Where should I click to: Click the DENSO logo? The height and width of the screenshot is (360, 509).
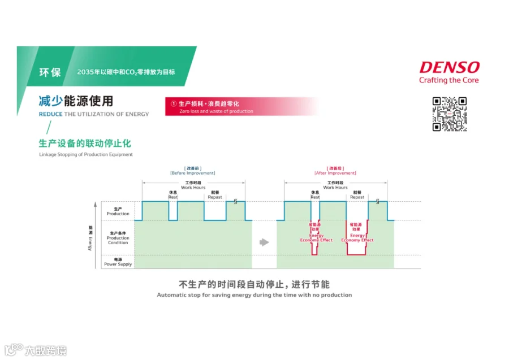click(449, 68)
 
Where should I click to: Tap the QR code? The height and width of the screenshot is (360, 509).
click(450, 114)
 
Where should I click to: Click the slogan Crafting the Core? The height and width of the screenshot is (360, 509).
click(448, 80)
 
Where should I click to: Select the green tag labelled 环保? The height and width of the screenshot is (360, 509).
click(50, 72)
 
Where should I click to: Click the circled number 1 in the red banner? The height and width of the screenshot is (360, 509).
click(174, 103)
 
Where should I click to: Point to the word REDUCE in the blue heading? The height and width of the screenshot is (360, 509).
click(50, 114)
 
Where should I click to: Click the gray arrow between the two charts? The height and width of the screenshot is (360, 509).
click(264, 242)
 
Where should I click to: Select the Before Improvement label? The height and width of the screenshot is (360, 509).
click(193, 173)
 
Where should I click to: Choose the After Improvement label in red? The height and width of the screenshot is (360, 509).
click(335, 173)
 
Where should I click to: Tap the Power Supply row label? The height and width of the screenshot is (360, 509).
click(118, 262)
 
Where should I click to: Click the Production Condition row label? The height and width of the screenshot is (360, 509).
click(118, 238)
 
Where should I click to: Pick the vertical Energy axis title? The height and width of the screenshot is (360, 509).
click(90, 237)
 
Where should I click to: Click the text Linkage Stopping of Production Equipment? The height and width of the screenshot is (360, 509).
click(86, 154)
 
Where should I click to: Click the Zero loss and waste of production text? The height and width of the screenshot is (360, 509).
click(216, 111)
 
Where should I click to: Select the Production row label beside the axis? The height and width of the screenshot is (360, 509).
click(118, 211)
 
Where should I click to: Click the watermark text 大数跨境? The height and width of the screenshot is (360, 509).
click(45, 351)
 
